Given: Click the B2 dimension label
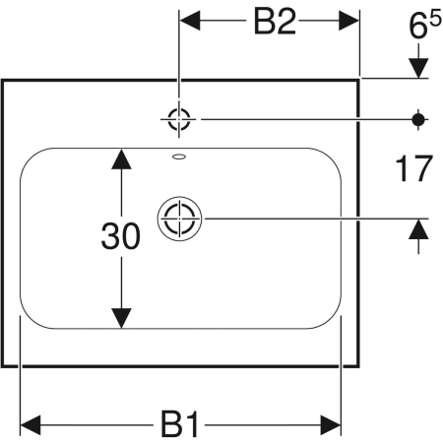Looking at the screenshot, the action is pos(275,22).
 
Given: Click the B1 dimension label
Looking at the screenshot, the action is pos(179,425).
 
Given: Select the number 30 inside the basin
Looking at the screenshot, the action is pos(121,235).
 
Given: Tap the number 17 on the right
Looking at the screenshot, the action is pos(413,169).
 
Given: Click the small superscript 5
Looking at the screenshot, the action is pos(435,20).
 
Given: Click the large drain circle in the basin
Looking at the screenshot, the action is pos(179,219).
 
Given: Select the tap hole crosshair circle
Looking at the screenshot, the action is pos(179,119).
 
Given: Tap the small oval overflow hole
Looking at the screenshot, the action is pos(179,157).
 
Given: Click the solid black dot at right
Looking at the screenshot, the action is pos(418,119).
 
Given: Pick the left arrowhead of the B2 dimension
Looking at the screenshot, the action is pos(190,21).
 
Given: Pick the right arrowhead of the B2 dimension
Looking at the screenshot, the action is pos(348,21).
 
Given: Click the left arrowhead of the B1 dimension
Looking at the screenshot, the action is pos(31,425).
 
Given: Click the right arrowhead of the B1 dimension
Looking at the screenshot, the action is pos(331,425).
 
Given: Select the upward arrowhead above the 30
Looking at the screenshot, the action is pos(121,159).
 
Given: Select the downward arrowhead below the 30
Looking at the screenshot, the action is pos(121,318).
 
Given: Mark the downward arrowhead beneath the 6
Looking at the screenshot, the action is pos(418,68).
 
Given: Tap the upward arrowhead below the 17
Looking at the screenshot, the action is pos(418,229).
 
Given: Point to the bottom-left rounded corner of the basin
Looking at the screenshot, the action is pos(32,318).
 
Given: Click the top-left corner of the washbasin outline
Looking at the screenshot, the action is pos(3,80).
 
